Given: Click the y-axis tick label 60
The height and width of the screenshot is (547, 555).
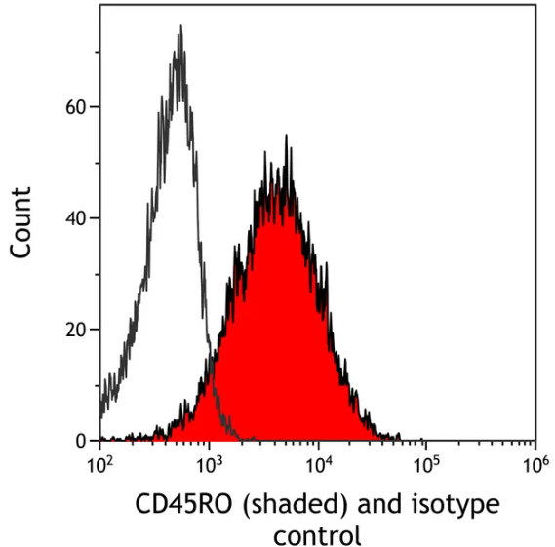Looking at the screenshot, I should click(x=75, y=106).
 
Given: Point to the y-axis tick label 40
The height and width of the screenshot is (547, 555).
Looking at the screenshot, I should click(x=75, y=218).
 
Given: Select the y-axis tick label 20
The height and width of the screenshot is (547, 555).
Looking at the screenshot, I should click(x=75, y=330).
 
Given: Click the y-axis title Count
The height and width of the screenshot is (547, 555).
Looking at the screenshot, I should click(x=21, y=222).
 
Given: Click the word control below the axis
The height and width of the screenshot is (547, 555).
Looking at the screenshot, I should click(x=317, y=534).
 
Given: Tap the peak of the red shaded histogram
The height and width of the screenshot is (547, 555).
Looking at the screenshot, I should click(x=286, y=136).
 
